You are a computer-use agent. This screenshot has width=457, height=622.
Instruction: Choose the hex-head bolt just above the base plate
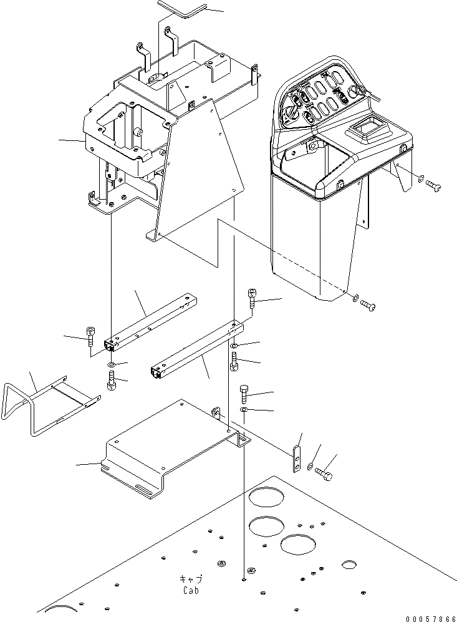(244, 394)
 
